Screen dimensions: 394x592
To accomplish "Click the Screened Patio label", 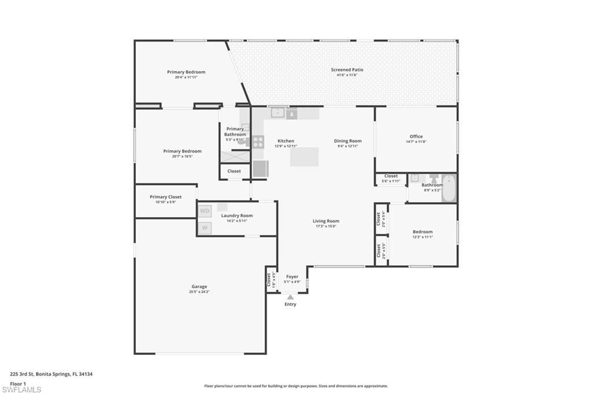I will tap(347, 70).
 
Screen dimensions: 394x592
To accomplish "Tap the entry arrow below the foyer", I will tap(290, 298).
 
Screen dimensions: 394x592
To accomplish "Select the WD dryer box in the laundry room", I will tap(205, 211).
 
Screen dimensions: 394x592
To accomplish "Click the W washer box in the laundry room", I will tap(205, 228).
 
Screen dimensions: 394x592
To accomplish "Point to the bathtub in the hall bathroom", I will tap(449, 188).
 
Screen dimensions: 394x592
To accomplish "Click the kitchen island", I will tap(305, 157).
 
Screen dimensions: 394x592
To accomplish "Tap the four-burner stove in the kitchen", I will tap(258, 142).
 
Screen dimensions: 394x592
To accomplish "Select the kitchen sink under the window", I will tap(279, 113).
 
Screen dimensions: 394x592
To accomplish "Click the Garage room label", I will tap(199, 287).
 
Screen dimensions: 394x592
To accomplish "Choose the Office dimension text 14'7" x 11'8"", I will tap(416, 142).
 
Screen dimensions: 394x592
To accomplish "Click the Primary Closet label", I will tap(165, 197).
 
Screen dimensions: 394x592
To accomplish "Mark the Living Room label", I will tap(326, 221).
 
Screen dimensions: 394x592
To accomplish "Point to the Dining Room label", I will tap(347, 141).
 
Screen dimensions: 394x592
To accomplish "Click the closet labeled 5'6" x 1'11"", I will tap(391, 179).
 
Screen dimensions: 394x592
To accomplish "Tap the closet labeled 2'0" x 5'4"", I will tap(380, 219).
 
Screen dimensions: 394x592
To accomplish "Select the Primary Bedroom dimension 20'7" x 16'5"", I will tap(182, 156).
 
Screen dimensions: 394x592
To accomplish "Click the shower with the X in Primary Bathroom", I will tap(235, 156).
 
